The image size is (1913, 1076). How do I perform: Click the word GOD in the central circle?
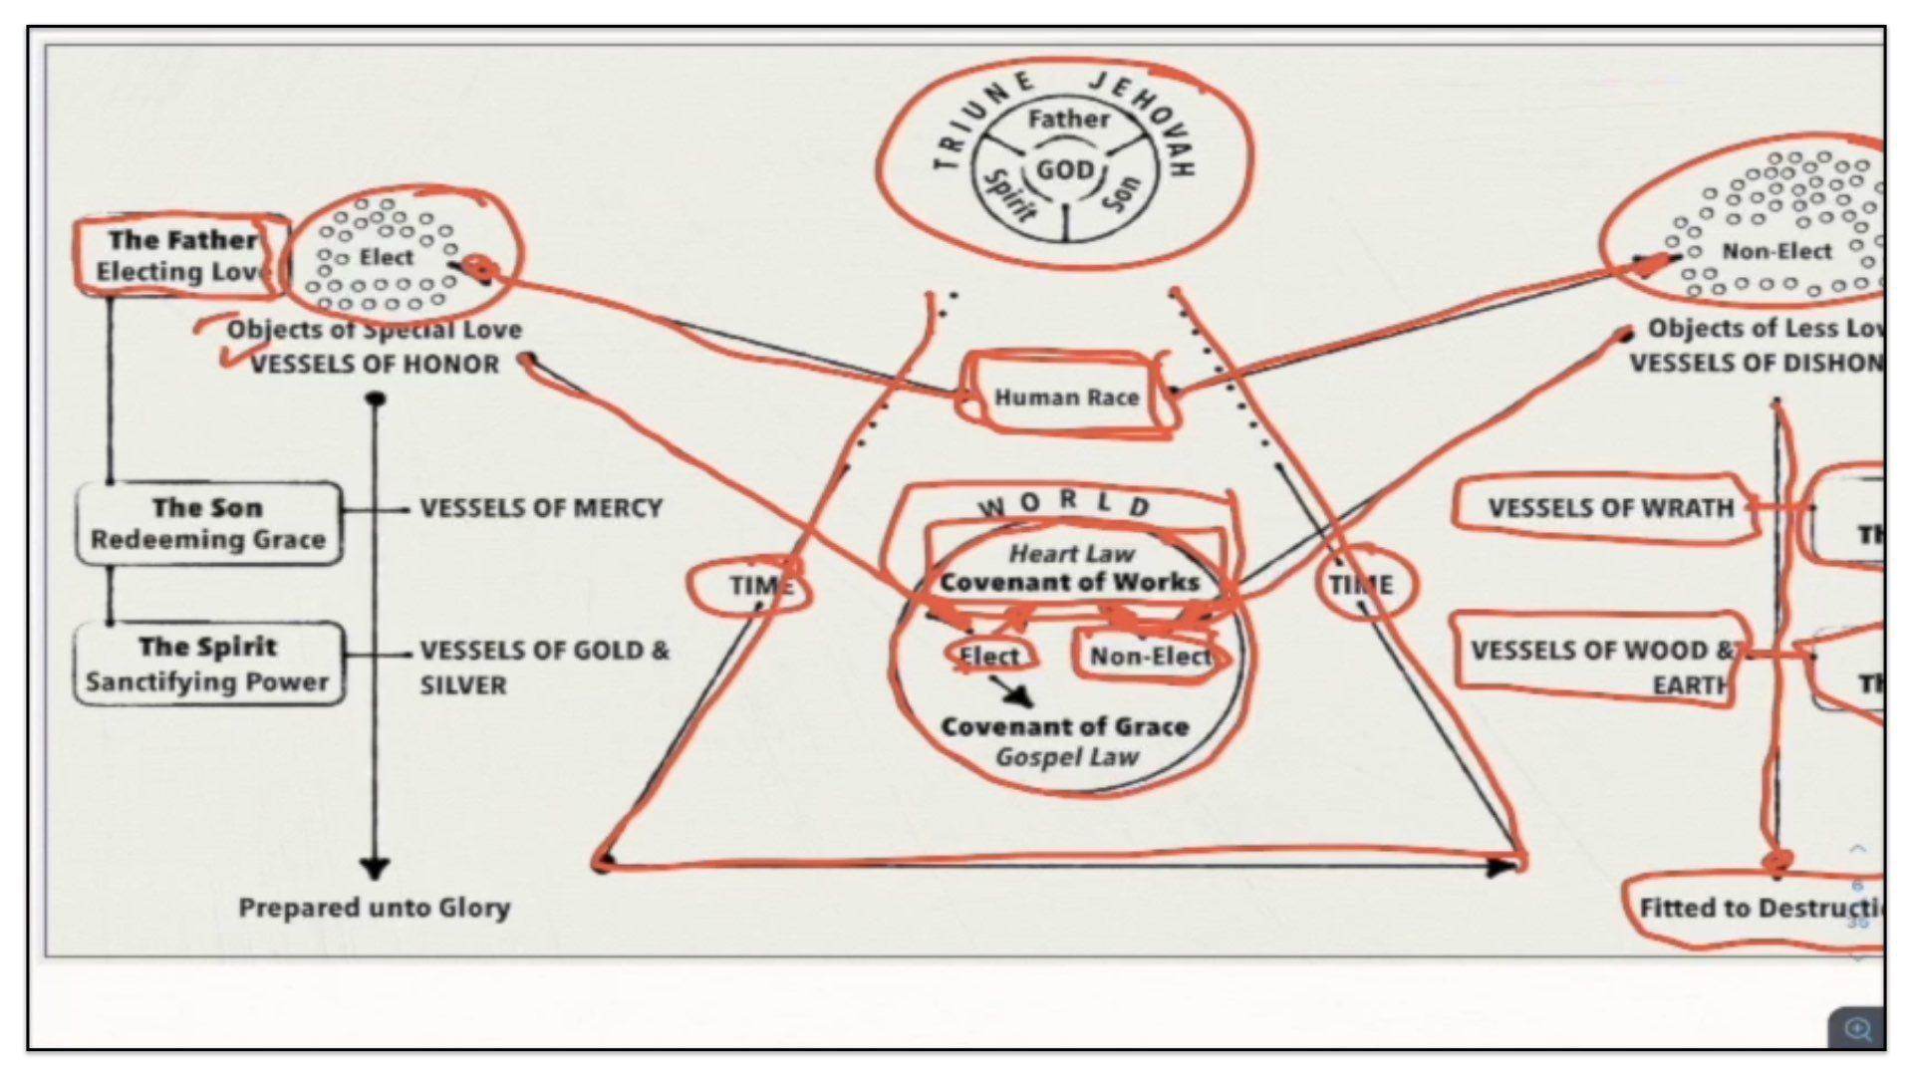tap(1064, 169)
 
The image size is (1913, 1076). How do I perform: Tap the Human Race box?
tap(1065, 398)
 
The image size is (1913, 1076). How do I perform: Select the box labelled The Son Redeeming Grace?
tap(208, 523)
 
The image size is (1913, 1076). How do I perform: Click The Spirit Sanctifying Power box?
tap(208, 664)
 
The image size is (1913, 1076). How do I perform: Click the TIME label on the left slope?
tap(759, 586)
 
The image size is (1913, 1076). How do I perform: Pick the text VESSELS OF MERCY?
tap(541, 508)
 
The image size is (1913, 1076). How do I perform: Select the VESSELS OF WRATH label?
tap(1610, 508)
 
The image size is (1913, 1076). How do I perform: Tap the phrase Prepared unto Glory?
tap(375, 908)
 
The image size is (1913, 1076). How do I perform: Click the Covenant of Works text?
tap(1069, 583)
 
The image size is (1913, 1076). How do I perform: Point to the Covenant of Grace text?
tap(1065, 726)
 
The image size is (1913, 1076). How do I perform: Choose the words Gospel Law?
tap(1067, 758)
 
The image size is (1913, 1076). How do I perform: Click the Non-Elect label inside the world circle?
tap(1150, 657)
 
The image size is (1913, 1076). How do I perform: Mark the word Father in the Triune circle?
tap(1068, 120)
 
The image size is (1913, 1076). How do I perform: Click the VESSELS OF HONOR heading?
tap(375, 365)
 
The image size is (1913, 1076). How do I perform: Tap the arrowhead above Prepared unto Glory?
tap(375, 869)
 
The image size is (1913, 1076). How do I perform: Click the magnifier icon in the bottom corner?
tap(1857, 1029)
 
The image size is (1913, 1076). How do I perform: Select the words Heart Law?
tap(1071, 553)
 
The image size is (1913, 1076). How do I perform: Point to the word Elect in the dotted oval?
tap(386, 258)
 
